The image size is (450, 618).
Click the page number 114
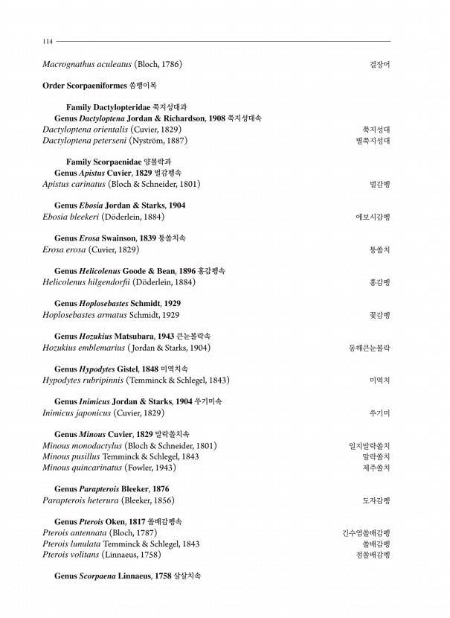tap(48, 42)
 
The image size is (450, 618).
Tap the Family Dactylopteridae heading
tap(126, 107)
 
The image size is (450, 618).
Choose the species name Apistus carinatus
tap(74, 184)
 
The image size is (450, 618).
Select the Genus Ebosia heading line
tap(120, 206)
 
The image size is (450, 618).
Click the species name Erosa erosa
tap(64, 249)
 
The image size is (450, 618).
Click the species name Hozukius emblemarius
tap(83, 348)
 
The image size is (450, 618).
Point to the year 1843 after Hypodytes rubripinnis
tap(217, 380)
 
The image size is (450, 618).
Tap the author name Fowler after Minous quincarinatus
tap(147, 468)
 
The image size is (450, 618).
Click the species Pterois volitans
tap(72, 555)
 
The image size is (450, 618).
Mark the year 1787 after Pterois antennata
tap(146, 533)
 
